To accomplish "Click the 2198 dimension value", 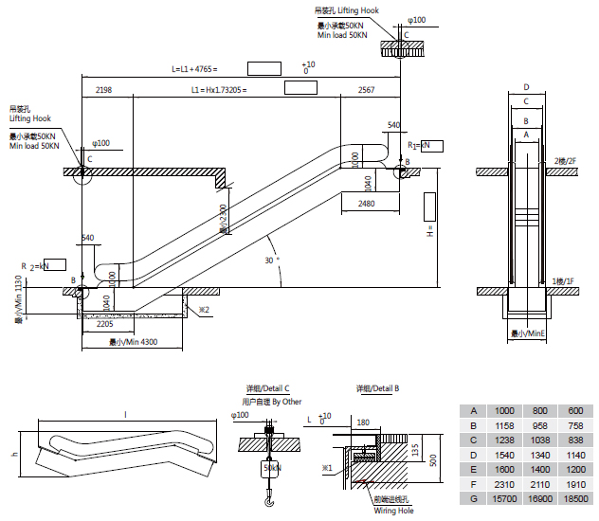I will click(104, 89).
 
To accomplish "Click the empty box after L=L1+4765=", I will click(264, 68).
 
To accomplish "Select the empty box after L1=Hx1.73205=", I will click(300, 88).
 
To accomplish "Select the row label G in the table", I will click(473, 498).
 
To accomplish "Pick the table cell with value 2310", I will click(504, 484).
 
